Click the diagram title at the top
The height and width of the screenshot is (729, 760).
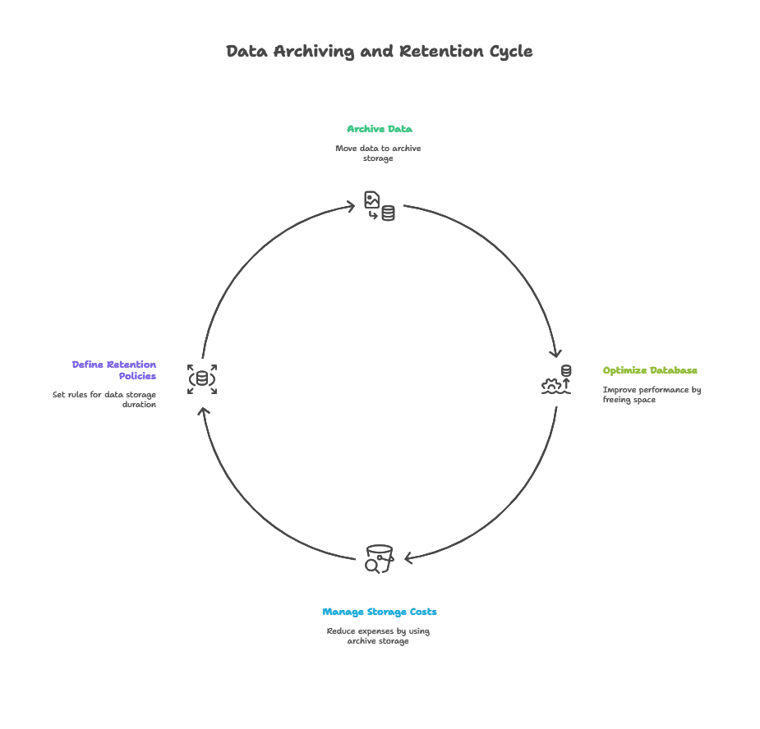[x=380, y=51]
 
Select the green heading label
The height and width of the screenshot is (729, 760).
[x=379, y=131]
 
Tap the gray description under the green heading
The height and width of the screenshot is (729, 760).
[x=380, y=153]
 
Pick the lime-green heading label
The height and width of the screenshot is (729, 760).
[x=652, y=370]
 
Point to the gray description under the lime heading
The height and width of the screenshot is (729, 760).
[x=650, y=395]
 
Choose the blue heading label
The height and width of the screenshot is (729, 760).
[x=380, y=612]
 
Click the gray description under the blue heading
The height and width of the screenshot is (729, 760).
[x=377, y=636]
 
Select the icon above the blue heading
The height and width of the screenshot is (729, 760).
[x=379, y=556]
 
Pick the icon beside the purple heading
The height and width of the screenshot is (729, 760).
[x=200, y=378]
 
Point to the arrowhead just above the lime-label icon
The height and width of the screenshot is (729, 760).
[x=561, y=353]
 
